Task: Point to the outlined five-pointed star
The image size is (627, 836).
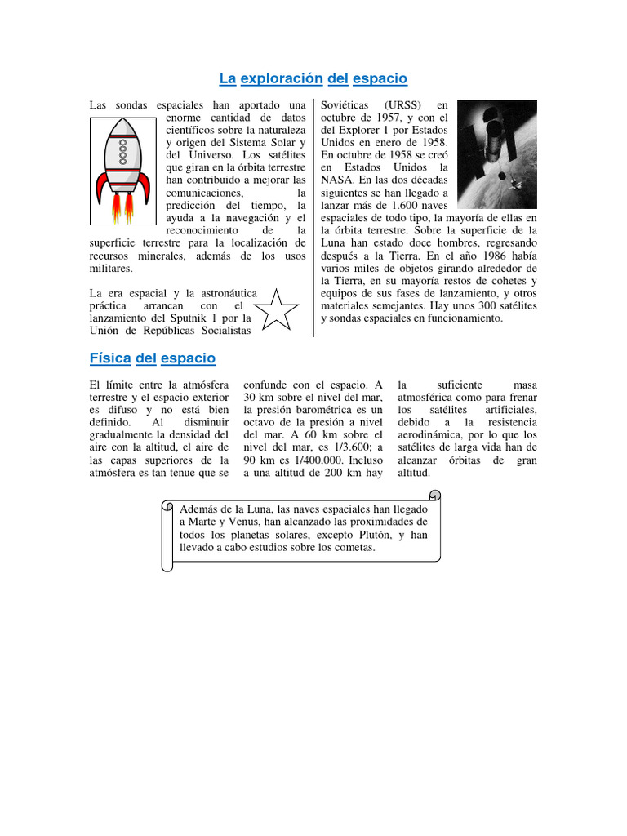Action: (x=276, y=309)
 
